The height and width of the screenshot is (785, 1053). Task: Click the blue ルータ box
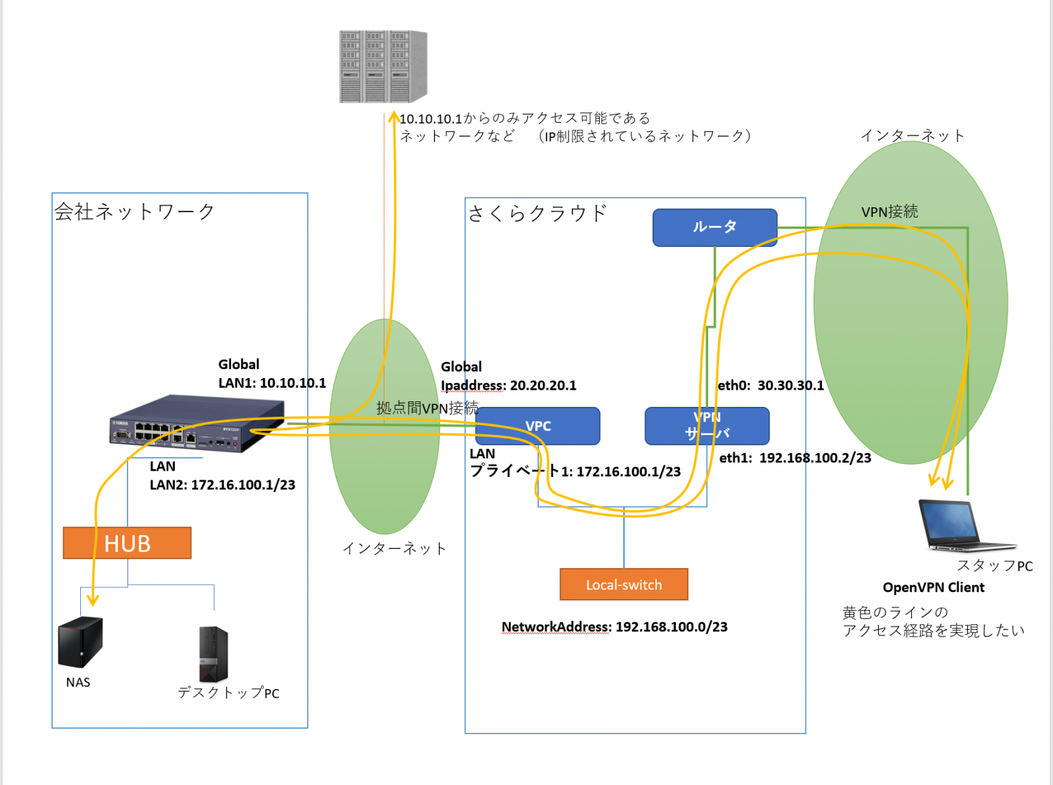[x=714, y=227]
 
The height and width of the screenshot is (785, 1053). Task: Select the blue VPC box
[x=537, y=426]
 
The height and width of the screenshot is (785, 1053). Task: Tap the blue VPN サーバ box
[x=707, y=426]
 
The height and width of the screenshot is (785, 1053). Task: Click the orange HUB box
[x=127, y=543]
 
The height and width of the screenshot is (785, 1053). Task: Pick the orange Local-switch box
[x=623, y=585]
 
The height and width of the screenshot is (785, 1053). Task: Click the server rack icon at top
[x=383, y=67]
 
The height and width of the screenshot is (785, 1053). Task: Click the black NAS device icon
[x=80, y=642]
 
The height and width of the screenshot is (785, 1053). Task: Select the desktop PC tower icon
[x=213, y=654]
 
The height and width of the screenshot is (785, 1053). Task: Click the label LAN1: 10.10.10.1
[x=271, y=383]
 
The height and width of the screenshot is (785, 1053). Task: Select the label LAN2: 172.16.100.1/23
[x=222, y=485]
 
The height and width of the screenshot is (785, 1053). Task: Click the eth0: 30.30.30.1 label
[x=771, y=386]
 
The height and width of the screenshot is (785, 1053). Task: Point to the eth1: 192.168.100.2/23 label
[x=795, y=458]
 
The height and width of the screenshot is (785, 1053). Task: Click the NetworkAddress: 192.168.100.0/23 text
[x=614, y=626]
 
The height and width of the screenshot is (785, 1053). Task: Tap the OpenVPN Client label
[x=933, y=587]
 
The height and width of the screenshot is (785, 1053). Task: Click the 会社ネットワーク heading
[x=134, y=211]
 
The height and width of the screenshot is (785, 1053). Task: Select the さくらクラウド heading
[x=537, y=213]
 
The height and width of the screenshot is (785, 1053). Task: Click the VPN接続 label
[x=889, y=211]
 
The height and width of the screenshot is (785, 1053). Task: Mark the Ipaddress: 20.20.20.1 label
[x=508, y=386]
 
